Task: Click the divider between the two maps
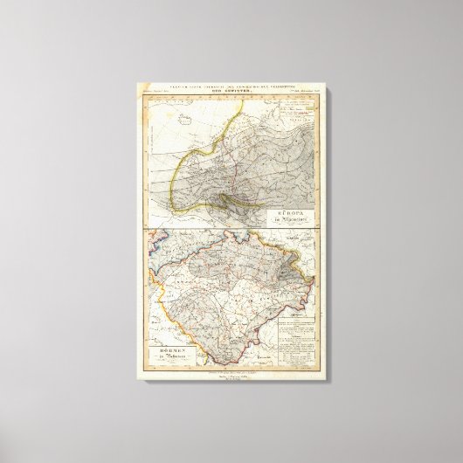231,229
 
